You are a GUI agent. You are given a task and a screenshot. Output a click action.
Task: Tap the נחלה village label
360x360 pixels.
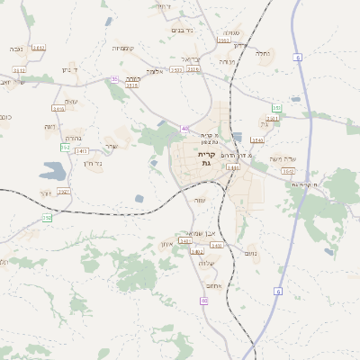click(x=264, y=53)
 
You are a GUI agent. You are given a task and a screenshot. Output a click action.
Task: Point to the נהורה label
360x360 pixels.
click(x=73, y=139)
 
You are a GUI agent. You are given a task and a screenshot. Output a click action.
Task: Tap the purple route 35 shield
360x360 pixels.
click(x=114, y=79)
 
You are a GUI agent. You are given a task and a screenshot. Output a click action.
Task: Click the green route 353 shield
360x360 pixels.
click(x=276, y=109)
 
